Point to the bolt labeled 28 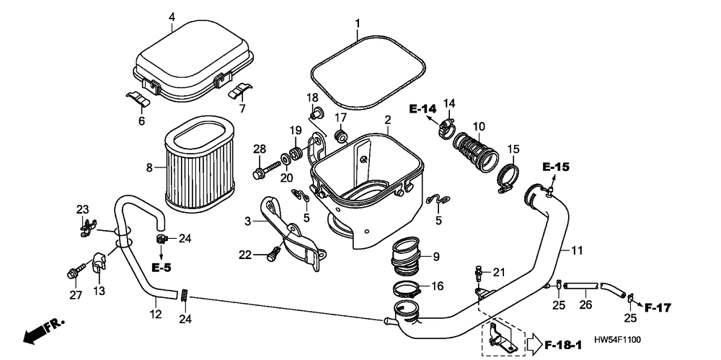(x=266, y=170)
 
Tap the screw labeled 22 (x=273, y=254)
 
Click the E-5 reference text (x=161, y=268)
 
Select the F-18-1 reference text (x=563, y=344)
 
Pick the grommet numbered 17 (x=341, y=136)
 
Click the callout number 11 (x=577, y=250)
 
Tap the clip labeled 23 (x=87, y=227)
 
